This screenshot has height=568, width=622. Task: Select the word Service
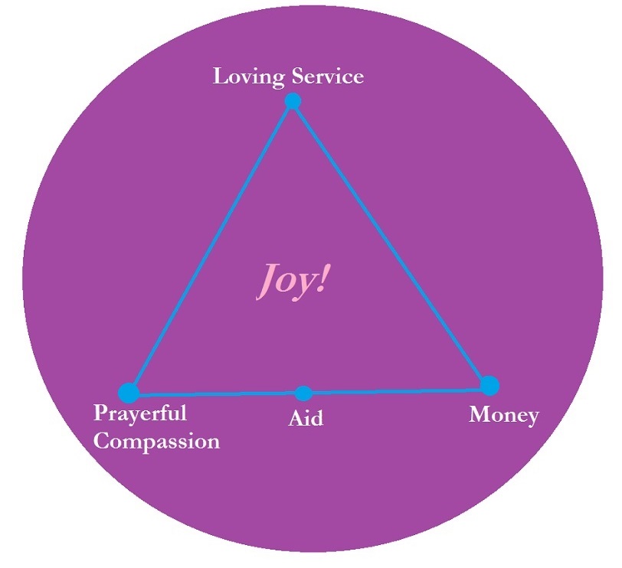[327, 77]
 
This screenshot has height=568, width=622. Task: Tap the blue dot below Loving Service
[292, 101]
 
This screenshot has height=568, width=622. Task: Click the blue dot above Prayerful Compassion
[129, 393]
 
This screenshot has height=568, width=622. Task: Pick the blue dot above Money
[489, 385]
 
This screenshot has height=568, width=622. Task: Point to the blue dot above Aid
[303, 393]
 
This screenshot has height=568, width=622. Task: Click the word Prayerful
[140, 414]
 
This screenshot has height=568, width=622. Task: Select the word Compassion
[156, 442]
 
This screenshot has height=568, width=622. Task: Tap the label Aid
[306, 418]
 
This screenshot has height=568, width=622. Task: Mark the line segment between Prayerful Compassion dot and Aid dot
[216, 393]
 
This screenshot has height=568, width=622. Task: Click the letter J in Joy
[265, 280]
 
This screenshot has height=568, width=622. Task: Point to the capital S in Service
[298, 77]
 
